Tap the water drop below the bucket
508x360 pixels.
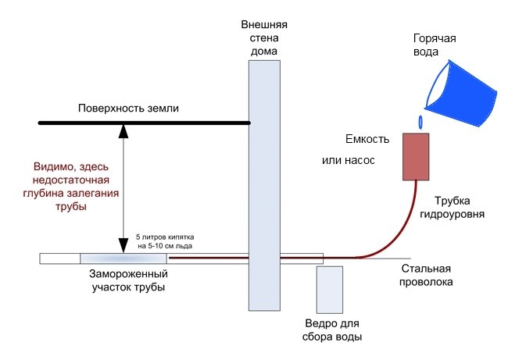click(x=420, y=122)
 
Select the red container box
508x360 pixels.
click(x=416, y=157)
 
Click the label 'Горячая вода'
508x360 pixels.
click(x=435, y=45)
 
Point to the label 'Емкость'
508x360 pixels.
click(x=367, y=139)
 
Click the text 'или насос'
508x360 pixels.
click(x=349, y=160)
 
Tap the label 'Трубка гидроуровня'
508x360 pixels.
click(x=453, y=207)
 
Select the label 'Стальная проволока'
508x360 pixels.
click(x=426, y=275)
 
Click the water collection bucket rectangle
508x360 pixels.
click(x=330, y=290)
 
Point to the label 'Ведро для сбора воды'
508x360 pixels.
click(x=332, y=330)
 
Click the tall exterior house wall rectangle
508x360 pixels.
click(x=264, y=186)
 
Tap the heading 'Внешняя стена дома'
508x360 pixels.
click(x=264, y=38)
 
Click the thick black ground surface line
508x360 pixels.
click(x=145, y=123)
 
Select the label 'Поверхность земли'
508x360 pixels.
click(x=128, y=108)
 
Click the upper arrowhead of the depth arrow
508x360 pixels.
click(x=123, y=131)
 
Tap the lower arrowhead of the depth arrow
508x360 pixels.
click(x=123, y=246)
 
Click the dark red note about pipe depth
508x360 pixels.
click(x=71, y=187)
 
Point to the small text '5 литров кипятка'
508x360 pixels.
click(x=165, y=237)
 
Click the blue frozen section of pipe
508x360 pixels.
click(x=123, y=258)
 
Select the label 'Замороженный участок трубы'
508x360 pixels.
click(x=129, y=280)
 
